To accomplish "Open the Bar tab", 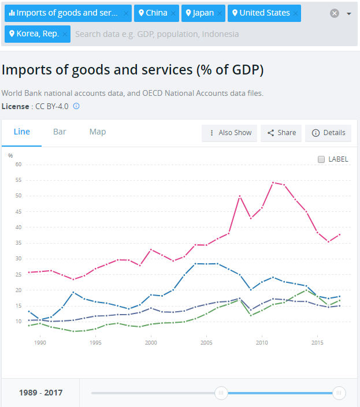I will click(60, 132).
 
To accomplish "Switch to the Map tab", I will click(98, 132).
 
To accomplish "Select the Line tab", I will click(21, 132).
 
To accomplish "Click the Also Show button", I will click(229, 133).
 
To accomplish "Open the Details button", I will click(328, 133).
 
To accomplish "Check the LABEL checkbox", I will click(321, 159).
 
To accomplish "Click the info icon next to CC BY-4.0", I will click(76, 106).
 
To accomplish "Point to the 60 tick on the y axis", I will click(18, 165).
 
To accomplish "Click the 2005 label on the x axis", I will click(206, 343).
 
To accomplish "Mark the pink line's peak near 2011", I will click(273, 182).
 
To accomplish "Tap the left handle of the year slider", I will click(221, 393).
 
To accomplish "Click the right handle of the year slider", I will click(339, 393).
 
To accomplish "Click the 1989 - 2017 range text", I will click(40, 393).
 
